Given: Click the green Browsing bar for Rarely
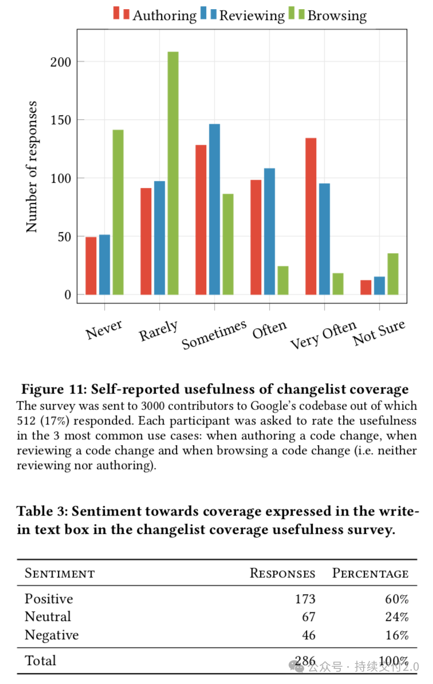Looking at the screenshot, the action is coord(173,173).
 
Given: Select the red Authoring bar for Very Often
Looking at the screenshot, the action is coord(311,217).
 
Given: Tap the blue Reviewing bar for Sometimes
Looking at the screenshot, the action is coord(215,210).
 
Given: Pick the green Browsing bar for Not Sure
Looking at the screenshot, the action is coord(393,274).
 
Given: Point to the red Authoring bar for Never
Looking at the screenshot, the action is coord(91,266).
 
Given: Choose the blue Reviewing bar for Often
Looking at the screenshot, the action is coord(270,231).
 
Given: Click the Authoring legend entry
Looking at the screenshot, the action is coord(155,15).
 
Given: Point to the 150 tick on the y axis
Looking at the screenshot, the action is coord(61,120).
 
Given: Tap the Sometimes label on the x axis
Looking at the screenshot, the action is coord(214,335).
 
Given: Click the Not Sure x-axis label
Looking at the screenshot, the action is coord(379,332).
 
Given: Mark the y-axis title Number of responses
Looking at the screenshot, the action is coord(32,167).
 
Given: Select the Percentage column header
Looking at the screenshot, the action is coord(370,573).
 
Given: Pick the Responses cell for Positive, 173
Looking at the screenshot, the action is coord(305,599).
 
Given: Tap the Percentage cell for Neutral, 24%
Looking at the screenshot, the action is coord(397,617).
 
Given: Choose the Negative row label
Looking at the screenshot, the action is coord(52,635).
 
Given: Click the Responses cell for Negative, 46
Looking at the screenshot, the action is coord(309,635).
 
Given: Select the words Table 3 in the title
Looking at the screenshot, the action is coord(42,511).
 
